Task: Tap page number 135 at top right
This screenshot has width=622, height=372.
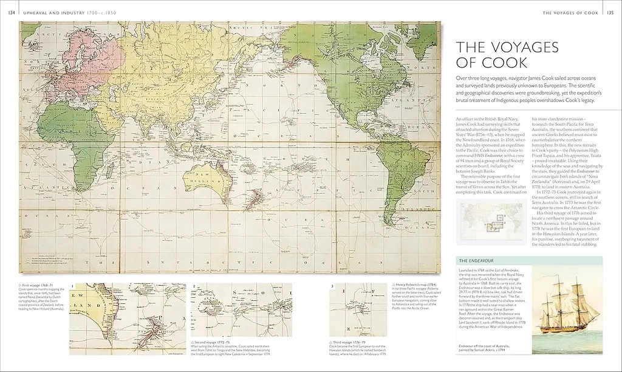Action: (x=611, y=12)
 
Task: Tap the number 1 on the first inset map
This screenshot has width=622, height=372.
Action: (x=72, y=285)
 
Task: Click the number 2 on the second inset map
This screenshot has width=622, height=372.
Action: (x=194, y=285)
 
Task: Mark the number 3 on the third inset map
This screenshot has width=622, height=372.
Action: (x=332, y=285)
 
